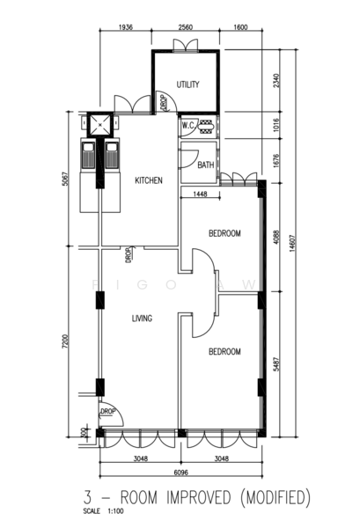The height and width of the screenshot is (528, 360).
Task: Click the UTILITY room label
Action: tap(187, 84)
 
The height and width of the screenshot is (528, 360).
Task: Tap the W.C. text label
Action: tap(187, 126)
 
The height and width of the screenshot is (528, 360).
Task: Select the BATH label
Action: tap(205, 165)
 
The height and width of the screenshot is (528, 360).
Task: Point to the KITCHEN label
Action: tap(148, 180)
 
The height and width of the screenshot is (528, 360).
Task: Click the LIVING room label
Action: tap(143, 319)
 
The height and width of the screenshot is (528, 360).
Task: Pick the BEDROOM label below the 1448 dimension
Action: tap(224, 233)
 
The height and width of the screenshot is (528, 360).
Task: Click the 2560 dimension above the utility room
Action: tap(186, 28)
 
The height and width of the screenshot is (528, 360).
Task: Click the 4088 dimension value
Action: tap(277, 237)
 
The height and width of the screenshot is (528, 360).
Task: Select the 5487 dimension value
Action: tap(277, 365)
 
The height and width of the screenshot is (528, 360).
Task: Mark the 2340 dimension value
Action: tap(277, 81)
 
